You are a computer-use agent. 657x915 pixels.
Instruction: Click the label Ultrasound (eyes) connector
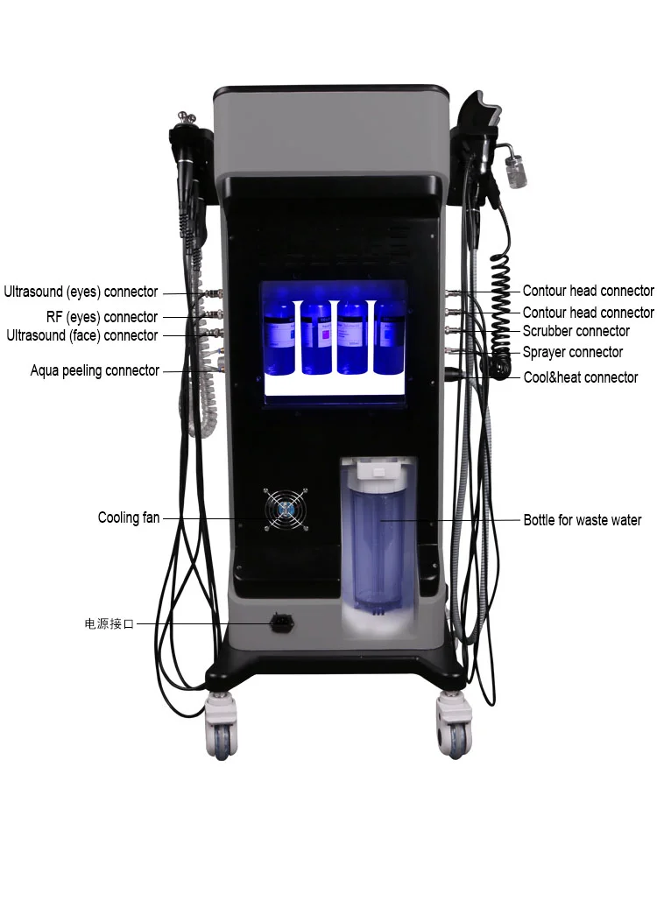[81, 292]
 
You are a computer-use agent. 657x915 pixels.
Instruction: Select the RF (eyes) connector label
[102, 317]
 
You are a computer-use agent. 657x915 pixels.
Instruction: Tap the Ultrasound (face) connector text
[82, 335]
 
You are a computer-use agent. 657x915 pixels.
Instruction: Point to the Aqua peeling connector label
[95, 370]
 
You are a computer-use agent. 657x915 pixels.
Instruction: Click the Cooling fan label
[129, 518]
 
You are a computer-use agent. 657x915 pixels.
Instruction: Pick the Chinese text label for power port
[109, 624]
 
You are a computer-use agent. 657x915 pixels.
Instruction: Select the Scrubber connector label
[576, 331]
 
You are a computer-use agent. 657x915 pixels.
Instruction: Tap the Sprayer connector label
[572, 352]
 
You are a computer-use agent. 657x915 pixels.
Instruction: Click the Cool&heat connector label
[580, 377]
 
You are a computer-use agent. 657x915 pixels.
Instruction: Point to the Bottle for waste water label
[582, 520]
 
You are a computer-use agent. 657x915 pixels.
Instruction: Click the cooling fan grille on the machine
[286, 509]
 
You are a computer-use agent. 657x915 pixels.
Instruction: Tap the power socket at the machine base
[282, 623]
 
